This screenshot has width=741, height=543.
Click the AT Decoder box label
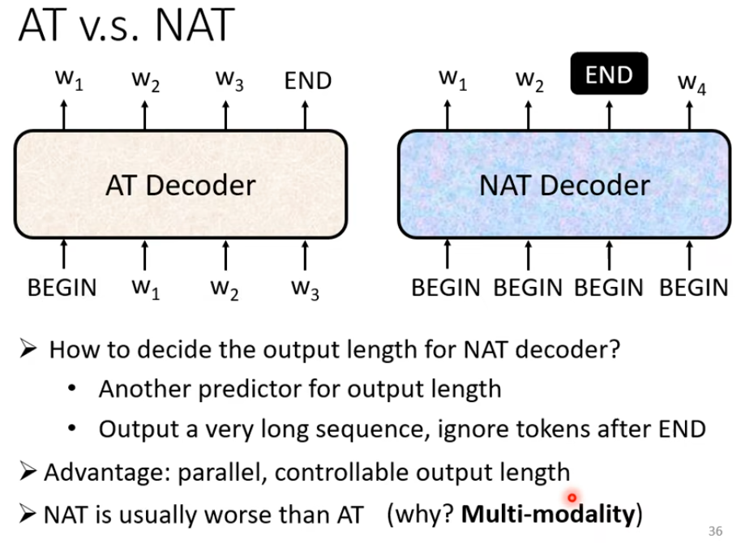[181, 185]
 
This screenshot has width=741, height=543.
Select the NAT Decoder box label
[565, 185]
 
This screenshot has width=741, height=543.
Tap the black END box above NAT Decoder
[609, 74]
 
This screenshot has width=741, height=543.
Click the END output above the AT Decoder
[308, 81]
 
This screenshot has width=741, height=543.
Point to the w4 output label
[692, 83]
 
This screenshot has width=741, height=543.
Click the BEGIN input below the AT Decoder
[62, 288]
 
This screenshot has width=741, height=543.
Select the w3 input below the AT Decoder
[306, 289]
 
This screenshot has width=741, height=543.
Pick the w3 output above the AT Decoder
[229, 80]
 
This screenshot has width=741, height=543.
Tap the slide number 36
[716, 531]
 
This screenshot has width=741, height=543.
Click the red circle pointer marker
[572, 498]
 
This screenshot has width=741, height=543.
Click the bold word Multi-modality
[548, 514]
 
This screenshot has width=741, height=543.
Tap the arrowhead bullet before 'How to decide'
[28, 349]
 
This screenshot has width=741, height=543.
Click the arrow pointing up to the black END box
[609, 115]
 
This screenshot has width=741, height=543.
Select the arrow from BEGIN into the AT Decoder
[64, 254]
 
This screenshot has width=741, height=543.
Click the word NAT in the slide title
[195, 25]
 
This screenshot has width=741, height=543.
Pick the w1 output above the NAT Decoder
[453, 80]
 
